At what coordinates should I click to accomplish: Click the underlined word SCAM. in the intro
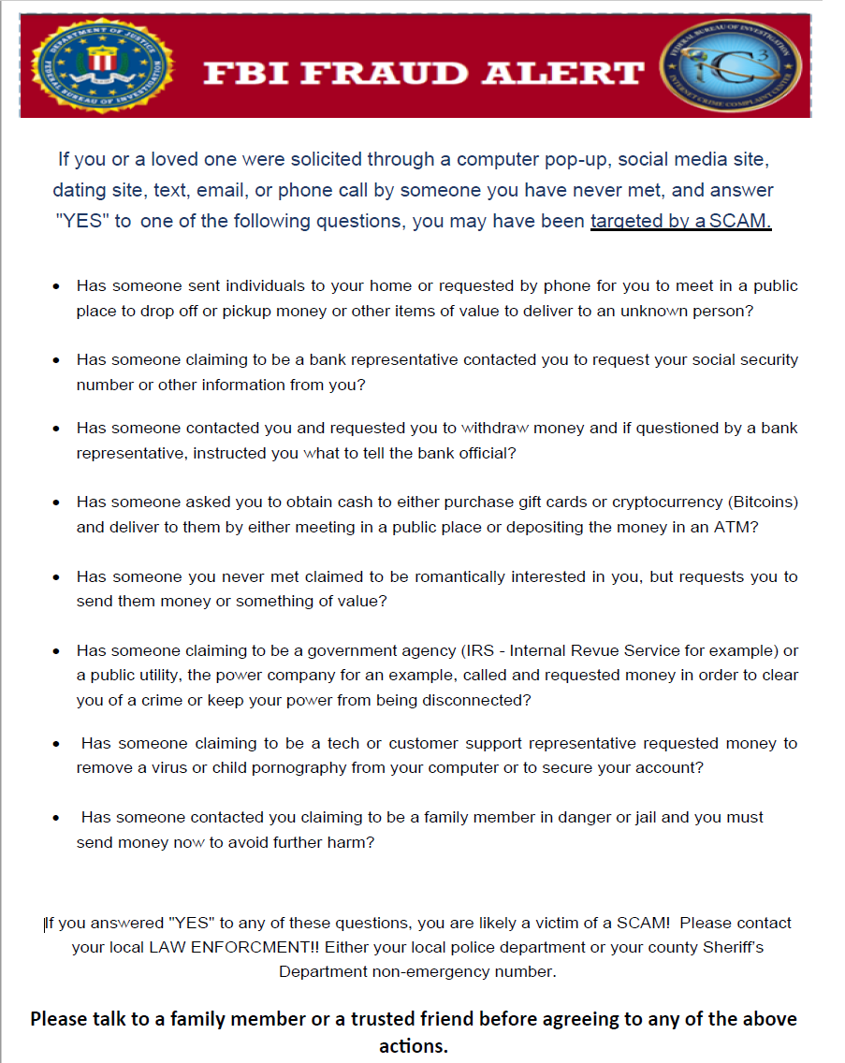click(740, 223)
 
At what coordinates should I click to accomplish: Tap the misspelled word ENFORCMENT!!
click(268, 947)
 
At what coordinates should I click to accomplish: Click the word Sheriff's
click(732, 947)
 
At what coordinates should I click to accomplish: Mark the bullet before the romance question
click(57, 577)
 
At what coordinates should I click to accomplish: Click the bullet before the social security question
click(57, 360)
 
